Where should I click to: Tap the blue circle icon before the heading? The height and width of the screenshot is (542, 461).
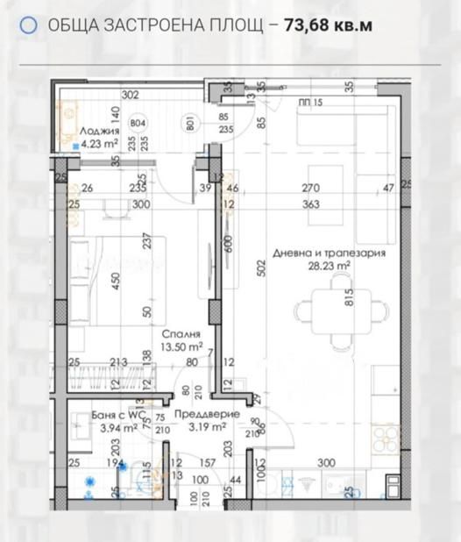28,25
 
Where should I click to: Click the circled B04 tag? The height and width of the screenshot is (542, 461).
138,123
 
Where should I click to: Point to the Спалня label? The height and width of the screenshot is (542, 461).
181,334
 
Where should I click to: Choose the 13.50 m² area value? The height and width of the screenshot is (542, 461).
181,346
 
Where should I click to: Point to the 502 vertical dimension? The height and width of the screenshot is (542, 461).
262,268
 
